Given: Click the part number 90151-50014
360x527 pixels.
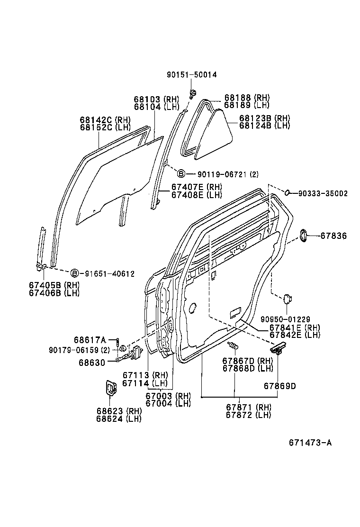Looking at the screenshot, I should (x=191, y=74).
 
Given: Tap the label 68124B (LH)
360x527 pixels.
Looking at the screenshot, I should (x=264, y=126).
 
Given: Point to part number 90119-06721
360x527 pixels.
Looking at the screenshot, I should (x=220, y=174).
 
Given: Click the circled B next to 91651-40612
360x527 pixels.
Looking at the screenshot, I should (x=74, y=273).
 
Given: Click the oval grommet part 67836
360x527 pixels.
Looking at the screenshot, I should (x=303, y=236).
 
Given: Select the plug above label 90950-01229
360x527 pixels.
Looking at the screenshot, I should (x=287, y=299).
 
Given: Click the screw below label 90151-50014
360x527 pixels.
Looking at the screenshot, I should (x=193, y=92).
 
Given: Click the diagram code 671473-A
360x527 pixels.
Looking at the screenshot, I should (x=310, y=443).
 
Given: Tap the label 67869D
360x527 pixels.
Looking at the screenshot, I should (x=279, y=386).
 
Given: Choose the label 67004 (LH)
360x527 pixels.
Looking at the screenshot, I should (x=168, y=403).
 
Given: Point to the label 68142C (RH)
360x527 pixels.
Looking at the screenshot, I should (x=105, y=120).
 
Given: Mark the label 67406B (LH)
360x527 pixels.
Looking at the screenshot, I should (x=53, y=293).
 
